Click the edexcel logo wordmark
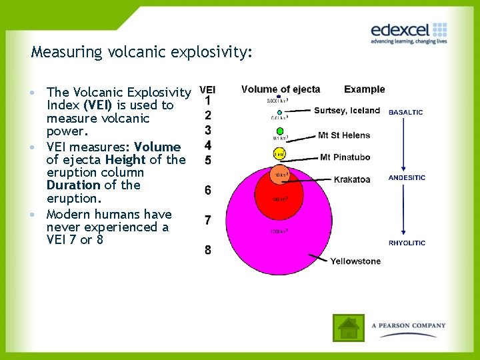(400, 30)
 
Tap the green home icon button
(349, 327)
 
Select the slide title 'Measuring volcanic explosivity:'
(142, 52)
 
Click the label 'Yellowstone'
(355, 261)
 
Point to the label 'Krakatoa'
(352, 179)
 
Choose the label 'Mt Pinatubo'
(345, 157)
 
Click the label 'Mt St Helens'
(344, 135)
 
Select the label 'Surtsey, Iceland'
(347, 111)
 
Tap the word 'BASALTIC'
(405, 112)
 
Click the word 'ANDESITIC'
(406, 178)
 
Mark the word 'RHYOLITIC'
(407, 243)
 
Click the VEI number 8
(208, 250)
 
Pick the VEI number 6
(208, 191)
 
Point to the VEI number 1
(208, 101)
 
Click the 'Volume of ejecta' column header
(281, 89)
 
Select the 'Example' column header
(365, 89)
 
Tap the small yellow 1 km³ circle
(279, 155)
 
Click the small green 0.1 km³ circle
(280, 131)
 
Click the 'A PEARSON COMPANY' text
(409, 326)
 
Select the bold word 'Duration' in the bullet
(75, 185)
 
